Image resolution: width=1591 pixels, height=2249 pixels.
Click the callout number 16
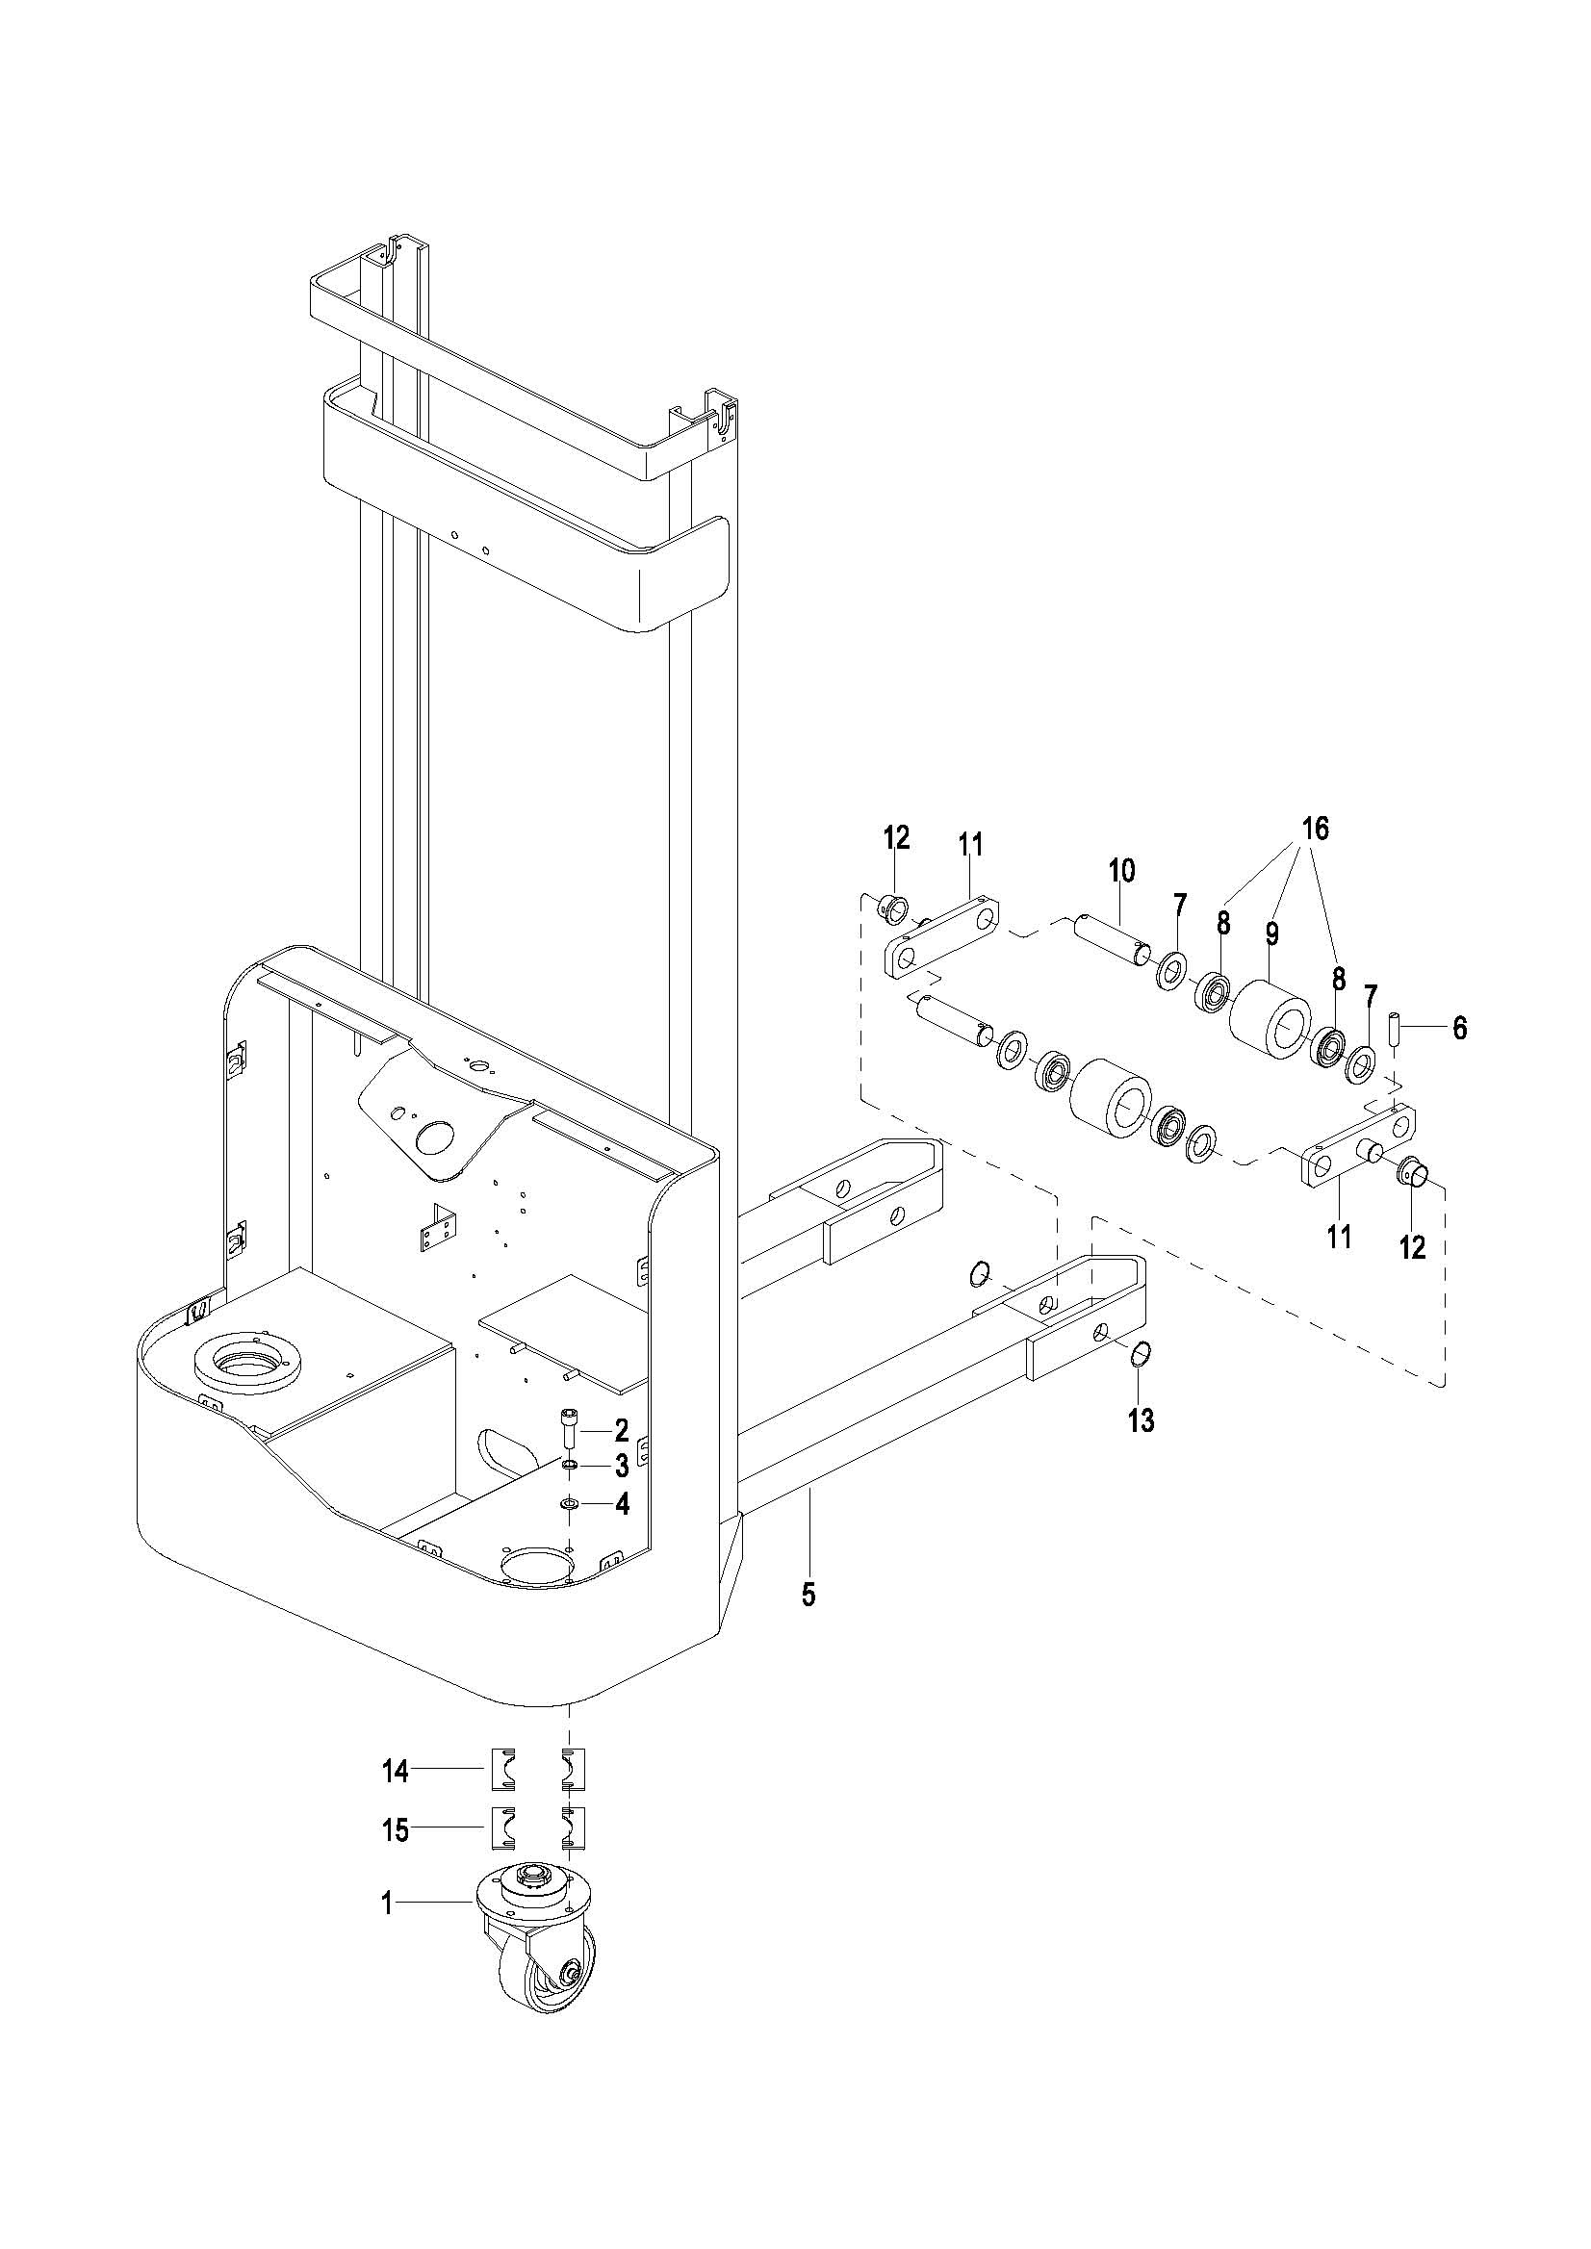click(1315, 829)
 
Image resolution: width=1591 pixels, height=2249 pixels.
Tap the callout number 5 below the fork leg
click(808, 1595)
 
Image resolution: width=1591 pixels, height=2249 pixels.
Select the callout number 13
click(1142, 1419)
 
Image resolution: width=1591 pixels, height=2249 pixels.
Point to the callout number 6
click(1460, 1028)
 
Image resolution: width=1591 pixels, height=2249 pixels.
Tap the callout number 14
click(395, 1770)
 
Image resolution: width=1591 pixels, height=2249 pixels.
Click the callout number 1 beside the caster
click(387, 1904)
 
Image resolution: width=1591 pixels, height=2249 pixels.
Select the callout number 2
click(621, 1431)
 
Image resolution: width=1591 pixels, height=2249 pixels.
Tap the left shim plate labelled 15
click(501, 1827)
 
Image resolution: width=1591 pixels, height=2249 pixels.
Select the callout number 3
click(621, 1467)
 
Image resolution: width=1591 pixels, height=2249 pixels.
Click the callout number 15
click(395, 1828)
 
